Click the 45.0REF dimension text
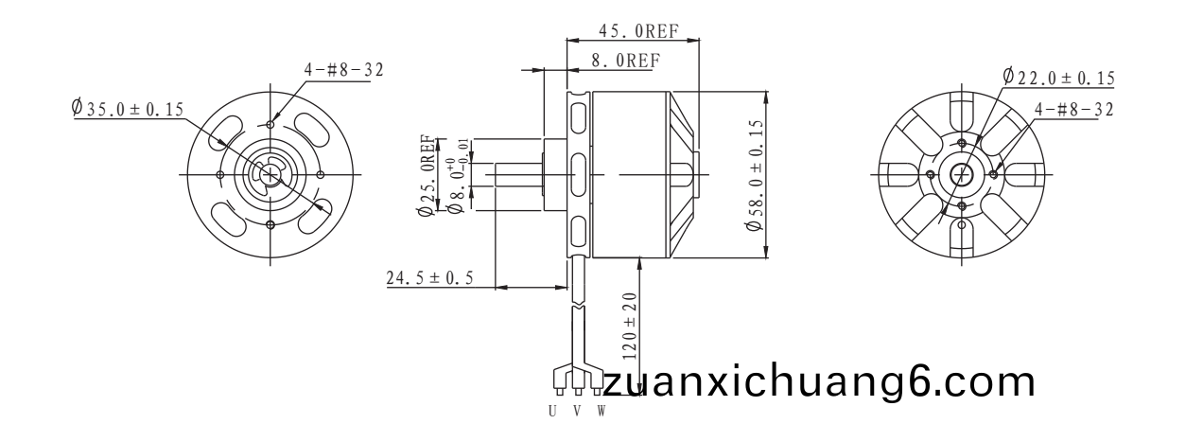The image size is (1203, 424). click(638, 31)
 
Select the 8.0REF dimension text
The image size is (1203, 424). click(626, 61)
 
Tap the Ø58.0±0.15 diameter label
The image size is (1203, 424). click(755, 175)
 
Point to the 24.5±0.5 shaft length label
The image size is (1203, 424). click(429, 278)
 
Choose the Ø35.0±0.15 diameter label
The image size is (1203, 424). click(128, 109)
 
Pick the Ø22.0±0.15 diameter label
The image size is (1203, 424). click(1058, 78)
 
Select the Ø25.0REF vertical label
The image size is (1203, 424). click(427, 176)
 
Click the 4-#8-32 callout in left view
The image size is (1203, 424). click(343, 70)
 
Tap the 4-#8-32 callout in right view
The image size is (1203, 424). click(1074, 110)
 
